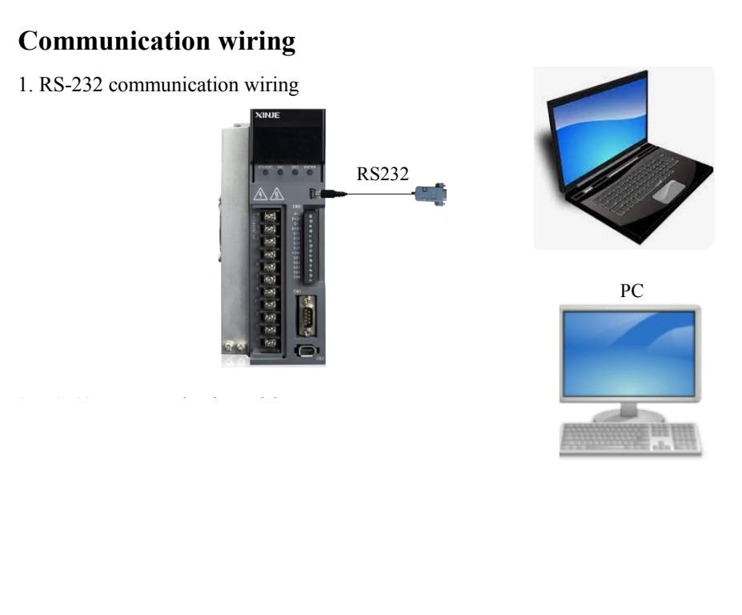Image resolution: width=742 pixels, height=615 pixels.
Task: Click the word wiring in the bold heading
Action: coord(257,42)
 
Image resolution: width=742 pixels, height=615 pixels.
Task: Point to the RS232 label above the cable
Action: coord(383,176)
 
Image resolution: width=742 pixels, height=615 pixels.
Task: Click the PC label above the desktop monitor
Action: coord(632,292)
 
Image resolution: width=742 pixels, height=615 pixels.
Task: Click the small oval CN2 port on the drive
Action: coord(307,351)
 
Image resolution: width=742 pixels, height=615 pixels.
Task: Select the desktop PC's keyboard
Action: coord(630,439)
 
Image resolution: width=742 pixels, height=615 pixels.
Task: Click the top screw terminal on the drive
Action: coord(270,216)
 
